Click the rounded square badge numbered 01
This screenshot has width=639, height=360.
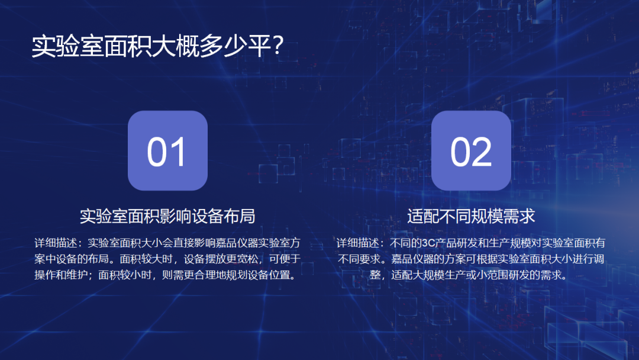coord(167,150)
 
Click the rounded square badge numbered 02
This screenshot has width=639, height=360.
coord(471,150)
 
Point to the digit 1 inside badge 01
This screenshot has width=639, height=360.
coord(178,152)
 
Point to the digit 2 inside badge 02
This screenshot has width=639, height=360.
coord(482,152)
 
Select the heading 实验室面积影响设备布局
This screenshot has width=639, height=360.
coord(167,216)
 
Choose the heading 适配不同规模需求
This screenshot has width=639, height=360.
coord(471,216)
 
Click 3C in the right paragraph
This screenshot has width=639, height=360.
coord(428,243)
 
